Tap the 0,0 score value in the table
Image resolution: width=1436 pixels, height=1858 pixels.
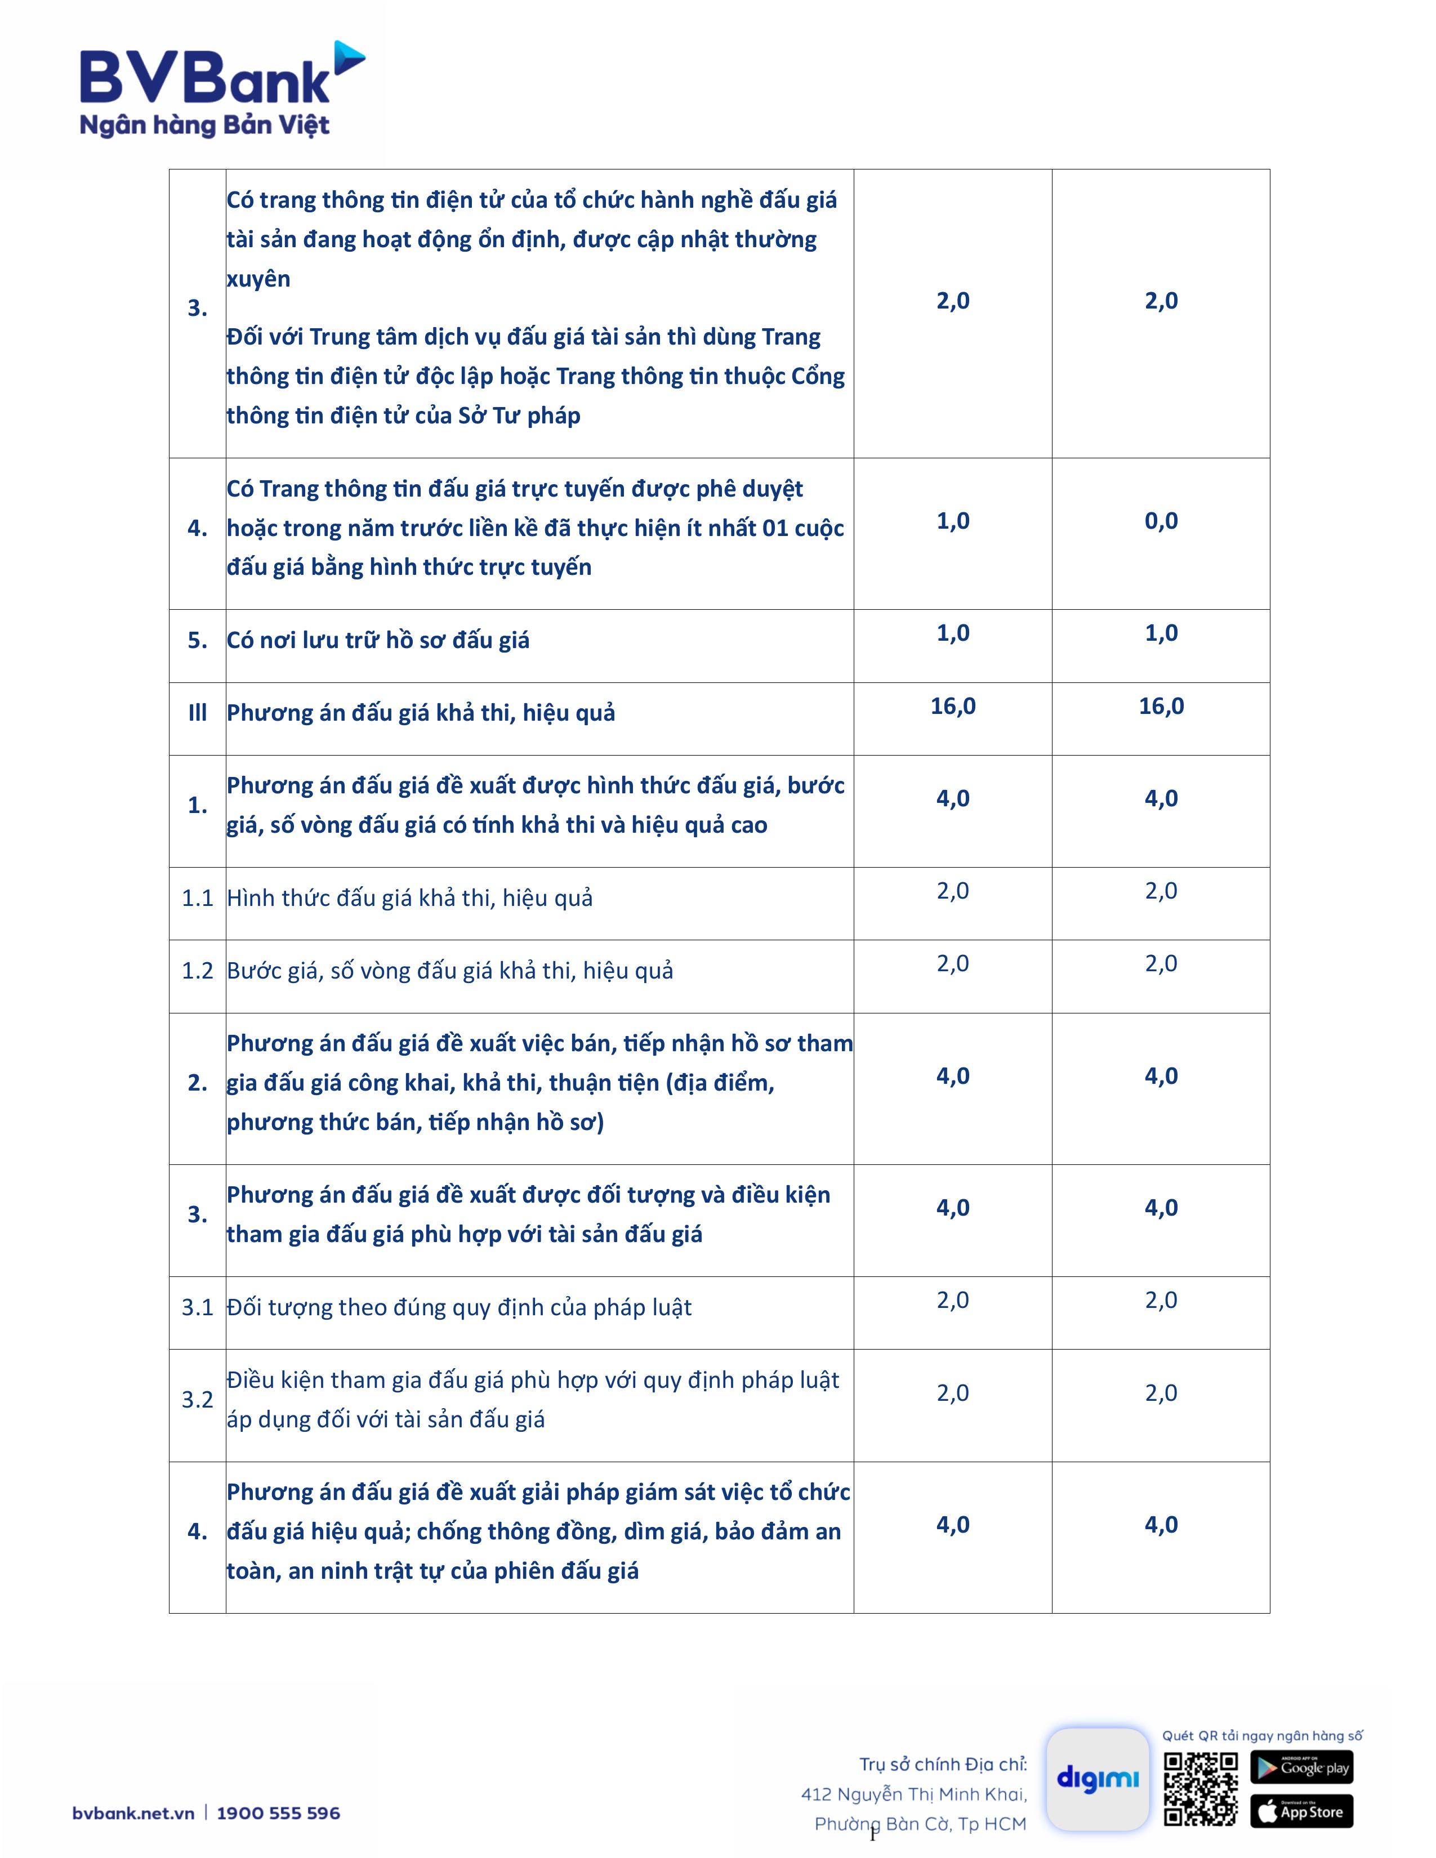click(1161, 521)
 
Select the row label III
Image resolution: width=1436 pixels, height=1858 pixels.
click(197, 713)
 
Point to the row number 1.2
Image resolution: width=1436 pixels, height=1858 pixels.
click(197, 971)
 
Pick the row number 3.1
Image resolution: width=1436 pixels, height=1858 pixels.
click(197, 1307)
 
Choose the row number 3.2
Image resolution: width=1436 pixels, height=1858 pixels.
click(197, 1400)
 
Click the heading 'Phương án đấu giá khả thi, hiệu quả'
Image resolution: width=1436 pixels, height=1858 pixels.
click(420, 713)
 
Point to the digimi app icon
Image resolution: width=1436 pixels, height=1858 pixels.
click(1098, 1779)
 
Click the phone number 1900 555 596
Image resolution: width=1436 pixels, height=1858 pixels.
click(278, 1813)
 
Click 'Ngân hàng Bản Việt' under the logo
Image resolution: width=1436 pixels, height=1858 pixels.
click(204, 126)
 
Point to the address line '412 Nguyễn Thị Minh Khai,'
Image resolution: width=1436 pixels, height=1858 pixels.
click(913, 1794)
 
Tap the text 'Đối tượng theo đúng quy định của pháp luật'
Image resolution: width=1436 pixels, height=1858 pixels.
click(458, 1307)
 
